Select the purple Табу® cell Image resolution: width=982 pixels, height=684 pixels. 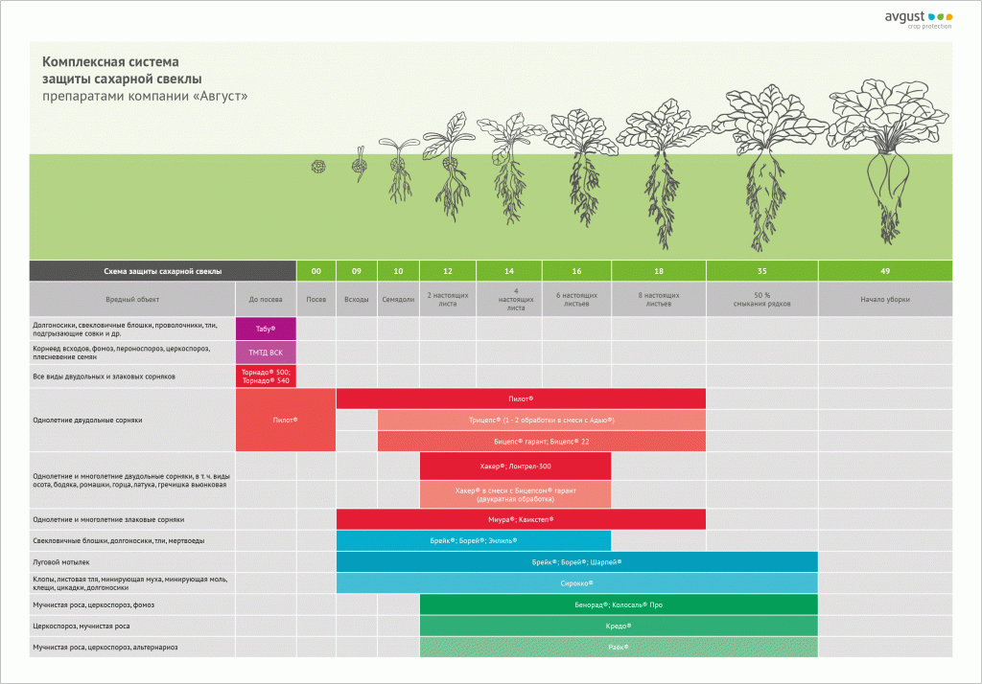(266, 329)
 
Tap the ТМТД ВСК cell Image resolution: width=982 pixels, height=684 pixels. (266, 353)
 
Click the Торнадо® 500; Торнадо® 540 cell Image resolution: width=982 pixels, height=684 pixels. (266, 376)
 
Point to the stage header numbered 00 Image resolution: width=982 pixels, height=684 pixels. (316, 271)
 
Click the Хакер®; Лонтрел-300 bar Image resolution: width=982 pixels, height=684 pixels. (515, 466)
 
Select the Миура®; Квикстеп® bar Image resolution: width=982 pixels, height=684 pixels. (521, 518)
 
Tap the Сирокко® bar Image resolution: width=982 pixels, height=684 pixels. (576, 582)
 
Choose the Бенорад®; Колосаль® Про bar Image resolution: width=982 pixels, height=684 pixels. (619, 604)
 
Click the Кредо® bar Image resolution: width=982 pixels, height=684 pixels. (619, 626)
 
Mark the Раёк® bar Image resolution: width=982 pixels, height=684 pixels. (619, 648)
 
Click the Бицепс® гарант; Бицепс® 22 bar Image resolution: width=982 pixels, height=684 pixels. (541, 441)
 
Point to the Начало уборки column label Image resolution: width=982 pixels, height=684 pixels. (884, 300)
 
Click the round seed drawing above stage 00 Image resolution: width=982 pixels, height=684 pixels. (317, 167)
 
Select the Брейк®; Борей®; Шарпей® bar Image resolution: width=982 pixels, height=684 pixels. (576, 561)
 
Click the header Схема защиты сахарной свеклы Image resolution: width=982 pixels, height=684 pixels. (162, 271)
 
